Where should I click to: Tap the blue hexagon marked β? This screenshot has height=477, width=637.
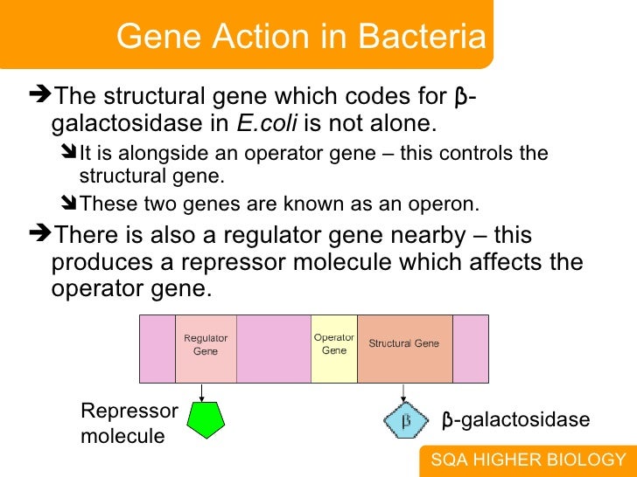pyautogui.click(x=405, y=420)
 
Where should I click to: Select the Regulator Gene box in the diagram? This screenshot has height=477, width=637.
pyautogui.click(x=206, y=348)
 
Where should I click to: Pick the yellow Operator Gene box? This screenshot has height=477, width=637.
pyautogui.click(x=334, y=348)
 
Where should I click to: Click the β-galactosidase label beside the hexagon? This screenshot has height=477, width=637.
pyautogui.click(x=515, y=421)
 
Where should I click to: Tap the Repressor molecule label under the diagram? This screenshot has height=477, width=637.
pyautogui.click(x=129, y=423)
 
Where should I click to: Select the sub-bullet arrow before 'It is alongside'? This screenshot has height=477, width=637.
pyautogui.click(x=69, y=154)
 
